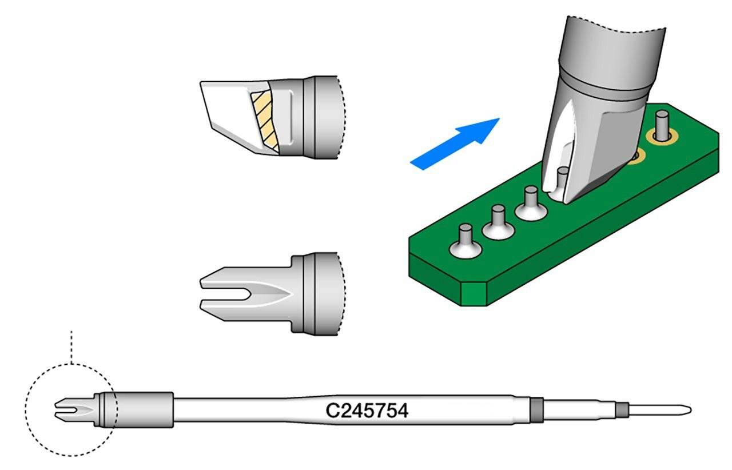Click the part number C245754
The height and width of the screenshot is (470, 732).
pos(367,411)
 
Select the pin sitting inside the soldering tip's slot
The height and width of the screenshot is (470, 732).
pos(563,178)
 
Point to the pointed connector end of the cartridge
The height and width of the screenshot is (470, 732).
pos(663,409)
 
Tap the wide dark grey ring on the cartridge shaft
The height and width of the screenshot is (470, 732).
pos(535,409)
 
